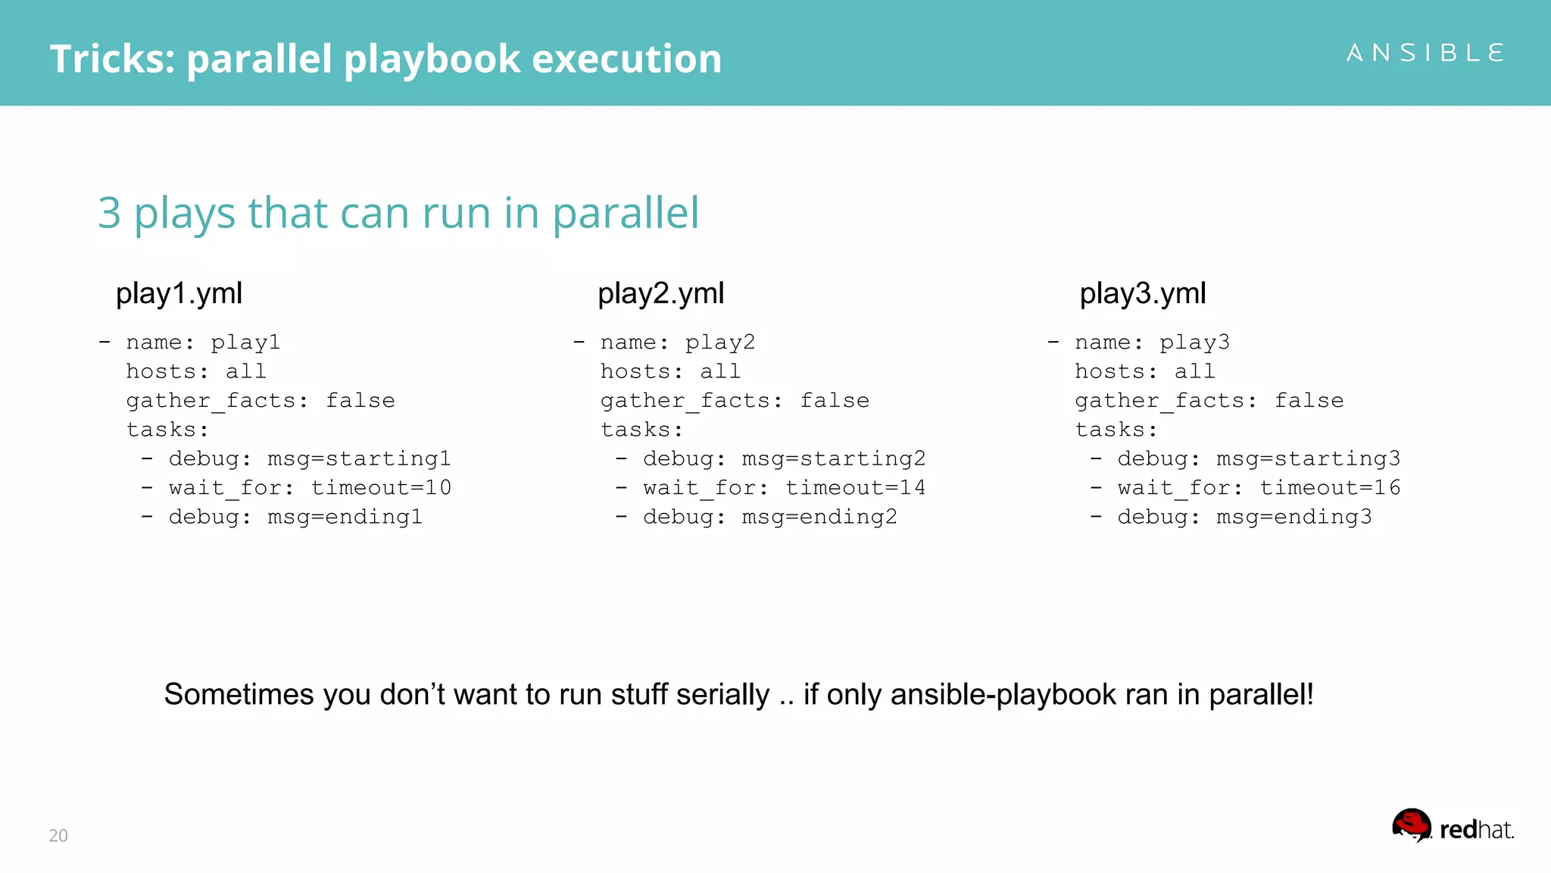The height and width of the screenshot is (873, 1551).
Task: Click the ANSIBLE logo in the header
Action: (x=1425, y=53)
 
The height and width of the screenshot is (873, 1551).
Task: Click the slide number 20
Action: (x=58, y=835)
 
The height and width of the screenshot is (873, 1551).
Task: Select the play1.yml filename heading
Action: (x=179, y=293)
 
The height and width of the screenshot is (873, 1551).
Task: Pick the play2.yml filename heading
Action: (x=660, y=293)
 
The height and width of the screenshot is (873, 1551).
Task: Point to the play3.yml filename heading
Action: (x=1142, y=293)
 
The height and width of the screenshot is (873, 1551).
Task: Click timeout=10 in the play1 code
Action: (x=381, y=487)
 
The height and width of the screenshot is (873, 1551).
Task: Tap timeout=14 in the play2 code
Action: (x=855, y=487)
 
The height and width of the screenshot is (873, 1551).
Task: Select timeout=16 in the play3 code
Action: (x=1330, y=487)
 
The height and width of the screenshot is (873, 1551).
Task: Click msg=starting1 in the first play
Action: (x=359, y=458)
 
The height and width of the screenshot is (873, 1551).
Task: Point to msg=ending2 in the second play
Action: (x=819, y=517)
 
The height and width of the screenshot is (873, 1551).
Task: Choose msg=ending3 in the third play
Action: (x=1294, y=517)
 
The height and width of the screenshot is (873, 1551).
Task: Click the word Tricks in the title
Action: (x=111, y=59)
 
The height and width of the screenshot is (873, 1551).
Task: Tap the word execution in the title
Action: (x=626, y=59)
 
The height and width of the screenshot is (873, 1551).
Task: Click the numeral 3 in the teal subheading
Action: (x=110, y=213)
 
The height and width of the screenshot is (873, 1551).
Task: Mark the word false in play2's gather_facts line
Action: (x=835, y=400)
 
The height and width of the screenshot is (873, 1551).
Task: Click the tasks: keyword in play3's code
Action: (x=1116, y=430)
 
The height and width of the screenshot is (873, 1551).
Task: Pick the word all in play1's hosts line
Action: (x=246, y=371)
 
